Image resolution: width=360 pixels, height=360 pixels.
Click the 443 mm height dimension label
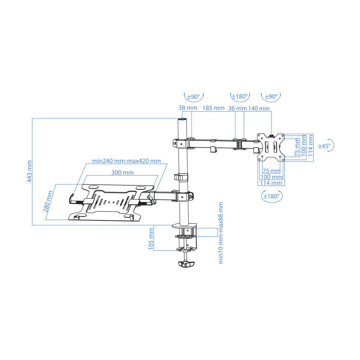coord(29,171)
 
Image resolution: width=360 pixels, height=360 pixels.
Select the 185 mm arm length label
coord(213,108)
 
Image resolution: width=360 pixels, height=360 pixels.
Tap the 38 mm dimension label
coord(188,108)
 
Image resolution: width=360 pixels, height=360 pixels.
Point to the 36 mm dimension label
coord(238,108)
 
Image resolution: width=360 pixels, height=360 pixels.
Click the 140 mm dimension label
coord(259,108)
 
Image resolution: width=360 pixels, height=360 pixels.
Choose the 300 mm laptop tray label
coord(122,172)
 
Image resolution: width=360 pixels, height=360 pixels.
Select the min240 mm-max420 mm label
coord(126,161)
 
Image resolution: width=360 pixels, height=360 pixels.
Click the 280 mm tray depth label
coord(48,201)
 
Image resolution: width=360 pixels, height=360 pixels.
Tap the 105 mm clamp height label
coord(151,239)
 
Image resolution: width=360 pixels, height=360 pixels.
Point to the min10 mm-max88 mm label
coord(220,233)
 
